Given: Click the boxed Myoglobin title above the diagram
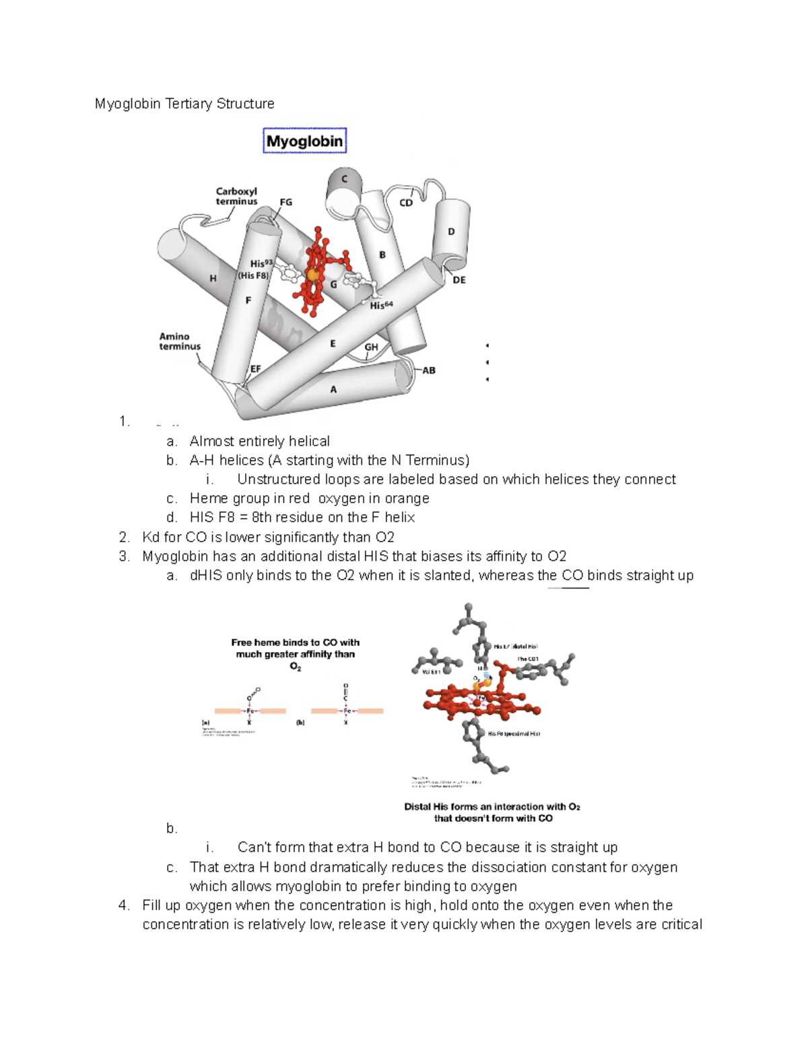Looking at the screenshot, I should (304, 141).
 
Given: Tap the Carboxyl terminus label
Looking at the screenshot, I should (236, 196).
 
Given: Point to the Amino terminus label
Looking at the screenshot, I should (180, 341).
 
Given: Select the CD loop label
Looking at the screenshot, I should (406, 203).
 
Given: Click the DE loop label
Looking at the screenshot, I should (459, 280).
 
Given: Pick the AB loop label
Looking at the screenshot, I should (429, 370).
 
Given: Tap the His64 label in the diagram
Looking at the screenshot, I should (381, 305).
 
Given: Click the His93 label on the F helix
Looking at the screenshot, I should (261, 263).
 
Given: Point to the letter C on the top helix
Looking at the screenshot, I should (345, 179).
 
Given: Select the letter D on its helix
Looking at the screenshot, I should (451, 232).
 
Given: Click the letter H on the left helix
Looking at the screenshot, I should (213, 278).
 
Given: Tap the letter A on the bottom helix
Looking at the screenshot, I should (333, 389).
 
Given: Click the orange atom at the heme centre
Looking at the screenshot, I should (312, 275).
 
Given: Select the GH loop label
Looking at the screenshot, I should (371, 348).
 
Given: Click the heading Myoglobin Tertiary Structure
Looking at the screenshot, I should (184, 104).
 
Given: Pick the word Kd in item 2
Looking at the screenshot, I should (151, 537).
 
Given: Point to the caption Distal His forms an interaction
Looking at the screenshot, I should (492, 812).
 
